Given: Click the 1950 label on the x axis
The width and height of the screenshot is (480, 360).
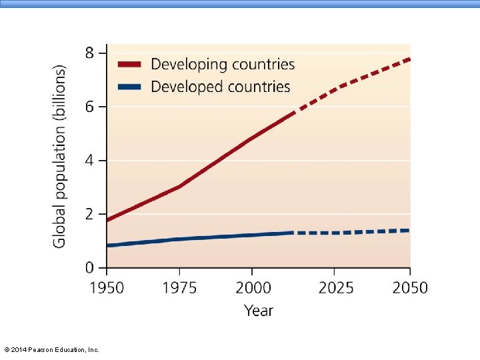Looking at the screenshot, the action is (107, 288).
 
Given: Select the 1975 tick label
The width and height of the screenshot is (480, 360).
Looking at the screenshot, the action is (179, 288).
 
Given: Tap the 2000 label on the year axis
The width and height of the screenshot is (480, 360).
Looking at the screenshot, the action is (253, 288).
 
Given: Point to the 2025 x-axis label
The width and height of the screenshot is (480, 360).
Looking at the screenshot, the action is (336, 288).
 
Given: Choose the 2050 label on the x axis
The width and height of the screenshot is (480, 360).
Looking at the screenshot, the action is (410, 288).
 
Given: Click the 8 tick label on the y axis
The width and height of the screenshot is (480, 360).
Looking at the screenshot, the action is (89, 53).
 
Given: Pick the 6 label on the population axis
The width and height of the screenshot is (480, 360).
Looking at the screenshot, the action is (89, 107).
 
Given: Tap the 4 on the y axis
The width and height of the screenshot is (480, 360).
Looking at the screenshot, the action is (89, 161).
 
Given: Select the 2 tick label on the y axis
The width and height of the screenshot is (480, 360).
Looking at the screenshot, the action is (89, 214).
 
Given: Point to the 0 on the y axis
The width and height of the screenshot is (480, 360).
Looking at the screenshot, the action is (89, 268).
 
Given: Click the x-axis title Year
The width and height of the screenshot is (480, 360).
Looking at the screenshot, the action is (259, 311).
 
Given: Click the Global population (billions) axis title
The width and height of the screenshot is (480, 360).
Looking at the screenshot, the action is (59, 157).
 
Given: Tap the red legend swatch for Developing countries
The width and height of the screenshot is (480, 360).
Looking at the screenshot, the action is (129, 64).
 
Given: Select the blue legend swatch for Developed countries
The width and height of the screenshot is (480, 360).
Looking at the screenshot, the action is (129, 87).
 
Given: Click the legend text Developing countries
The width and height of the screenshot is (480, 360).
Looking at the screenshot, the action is (223, 65).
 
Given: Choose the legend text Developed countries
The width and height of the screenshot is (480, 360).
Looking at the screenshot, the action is (221, 87).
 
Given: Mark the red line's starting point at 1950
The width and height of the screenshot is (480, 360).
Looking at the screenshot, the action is (107, 219).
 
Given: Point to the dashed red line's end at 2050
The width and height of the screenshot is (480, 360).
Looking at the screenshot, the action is (409, 59).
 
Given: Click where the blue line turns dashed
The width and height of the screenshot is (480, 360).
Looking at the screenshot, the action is (293, 233).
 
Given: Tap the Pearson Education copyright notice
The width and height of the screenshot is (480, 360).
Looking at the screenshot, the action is (52, 349).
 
